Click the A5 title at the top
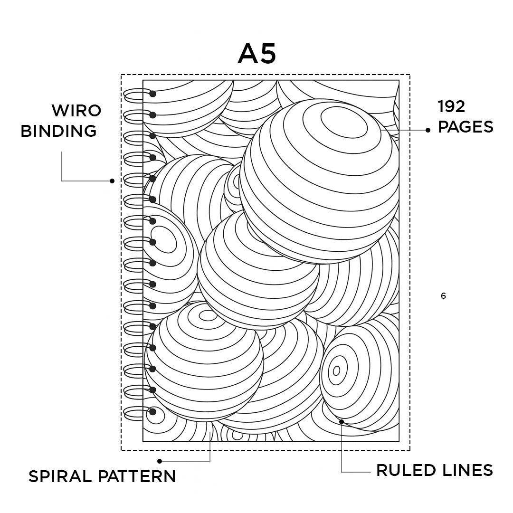pos(256,54)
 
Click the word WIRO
pos(76,111)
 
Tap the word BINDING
pos(58,131)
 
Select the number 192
pos(451,107)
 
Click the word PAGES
pos(465,127)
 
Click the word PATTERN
pos(137,476)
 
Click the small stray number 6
pos(443,296)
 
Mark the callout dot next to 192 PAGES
pos(428,130)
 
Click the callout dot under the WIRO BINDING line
pos(112,180)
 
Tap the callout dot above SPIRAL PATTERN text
pos(160,461)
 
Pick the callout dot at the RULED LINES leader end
pos(341,421)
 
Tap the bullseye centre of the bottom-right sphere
pos(337,370)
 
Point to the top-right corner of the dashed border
pos(409,75)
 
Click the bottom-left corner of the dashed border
pos(122,450)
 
